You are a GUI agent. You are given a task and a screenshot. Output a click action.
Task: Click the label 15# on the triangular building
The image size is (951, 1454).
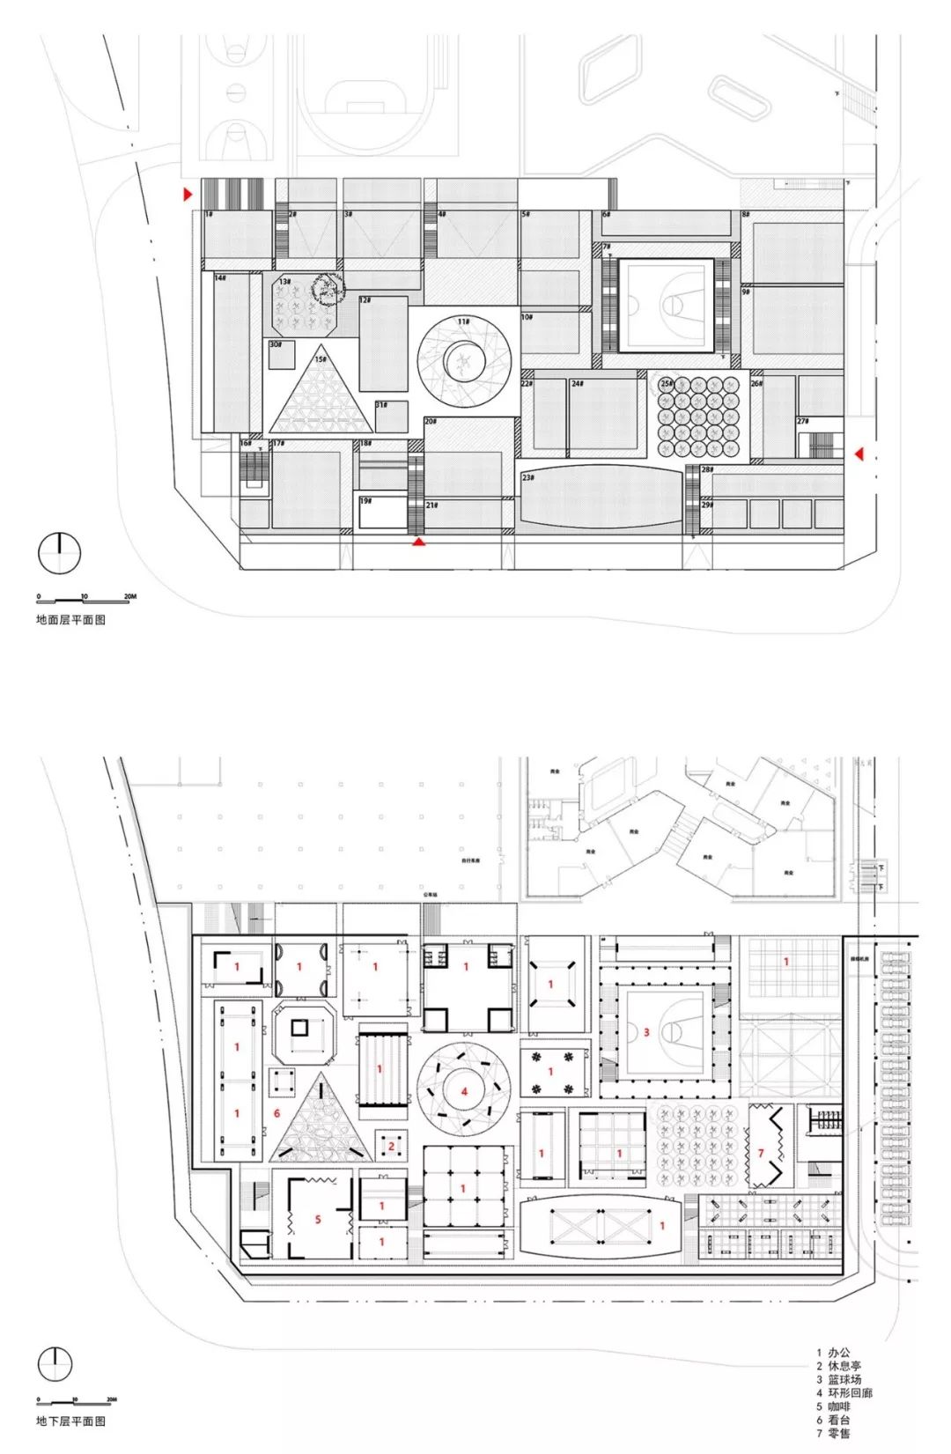pyautogui.click(x=321, y=359)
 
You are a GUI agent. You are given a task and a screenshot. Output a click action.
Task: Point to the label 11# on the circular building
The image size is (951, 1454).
pyautogui.click(x=463, y=322)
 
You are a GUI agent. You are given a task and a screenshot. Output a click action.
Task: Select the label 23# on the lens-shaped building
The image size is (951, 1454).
pyautogui.click(x=528, y=477)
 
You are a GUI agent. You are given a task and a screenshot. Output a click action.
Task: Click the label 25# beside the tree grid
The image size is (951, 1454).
pyautogui.click(x=667, y=383)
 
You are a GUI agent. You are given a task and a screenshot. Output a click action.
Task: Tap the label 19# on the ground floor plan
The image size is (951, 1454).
pyautogui.click(x=365, y=501)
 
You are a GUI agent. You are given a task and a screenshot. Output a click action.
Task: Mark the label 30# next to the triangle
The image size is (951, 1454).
pyautogui.click(x=276, y=345)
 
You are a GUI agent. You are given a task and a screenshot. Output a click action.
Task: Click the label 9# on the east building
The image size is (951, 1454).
pyautogui.click(x=746, y=292)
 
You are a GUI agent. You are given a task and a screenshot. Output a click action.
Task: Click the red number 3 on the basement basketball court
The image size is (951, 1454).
pyautogui.click(x=646, y=1031)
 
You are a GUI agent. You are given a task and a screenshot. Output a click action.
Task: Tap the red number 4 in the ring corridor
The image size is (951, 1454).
pyautogui.click(x=465, y=1092)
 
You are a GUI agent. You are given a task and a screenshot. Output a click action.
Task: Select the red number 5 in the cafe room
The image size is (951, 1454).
pyautogui.click(x=318, y=1220)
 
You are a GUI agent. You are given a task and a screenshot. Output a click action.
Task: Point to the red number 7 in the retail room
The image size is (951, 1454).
pyautogui.click(x=761, y=1153)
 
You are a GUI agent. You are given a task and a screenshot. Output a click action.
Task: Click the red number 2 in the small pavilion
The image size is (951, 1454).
pyautogui.click(x=391, y=1147)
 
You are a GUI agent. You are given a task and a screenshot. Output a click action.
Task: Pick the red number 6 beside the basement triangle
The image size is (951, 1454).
pyautogui.click(x=276, y=1113)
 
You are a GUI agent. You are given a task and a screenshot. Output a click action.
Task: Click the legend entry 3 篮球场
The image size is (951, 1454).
pyautogui.click(x=838, y=1379)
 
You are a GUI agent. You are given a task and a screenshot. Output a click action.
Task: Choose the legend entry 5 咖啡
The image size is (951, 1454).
pyautogui.click(x=833, y=1406)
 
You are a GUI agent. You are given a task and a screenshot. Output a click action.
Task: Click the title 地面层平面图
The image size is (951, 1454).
pyautogui.click(x=70, y=619)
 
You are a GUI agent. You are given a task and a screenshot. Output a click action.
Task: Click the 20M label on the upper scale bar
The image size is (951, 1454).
pyautogui.click(x=129, y=597)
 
